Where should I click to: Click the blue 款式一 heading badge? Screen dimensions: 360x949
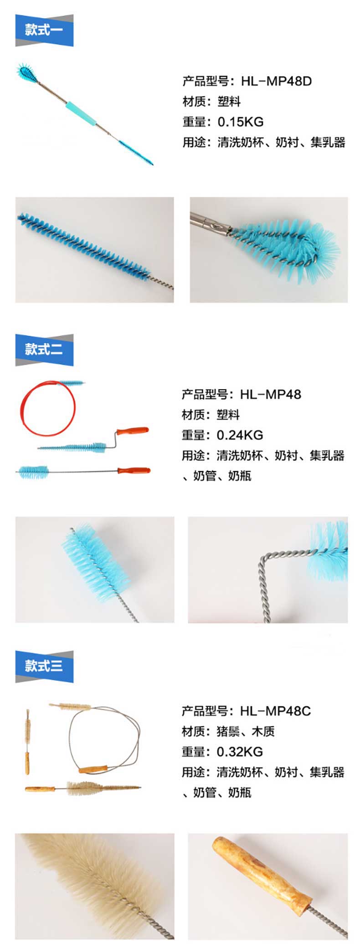tap(44, 31)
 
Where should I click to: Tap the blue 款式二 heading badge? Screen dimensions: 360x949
tap(44, 350)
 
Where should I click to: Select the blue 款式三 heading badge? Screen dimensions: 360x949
tap(44, 666)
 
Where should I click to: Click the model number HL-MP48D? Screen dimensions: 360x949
tap(277, 82)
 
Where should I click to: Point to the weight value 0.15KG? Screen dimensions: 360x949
tap(241, 122)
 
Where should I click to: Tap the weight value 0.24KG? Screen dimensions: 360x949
tap(240, 435)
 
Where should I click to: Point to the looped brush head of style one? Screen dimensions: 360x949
tap(27, 72)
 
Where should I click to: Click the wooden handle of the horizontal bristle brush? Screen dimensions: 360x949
tap(40, 789)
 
